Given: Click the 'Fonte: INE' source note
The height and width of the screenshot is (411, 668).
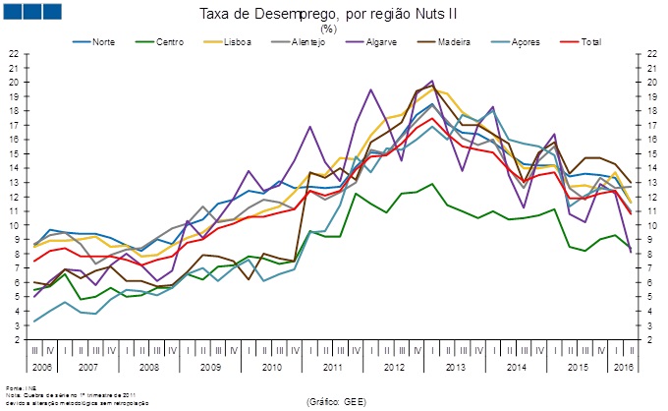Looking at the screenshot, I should click(x=17, y=387).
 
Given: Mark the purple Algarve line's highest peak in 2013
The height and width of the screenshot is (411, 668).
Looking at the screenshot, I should click(x=431, y=81).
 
